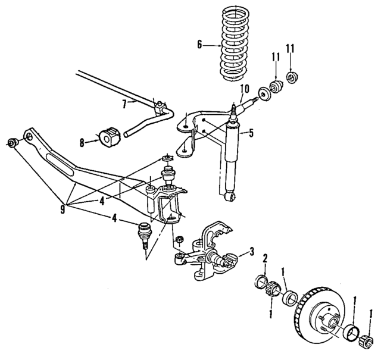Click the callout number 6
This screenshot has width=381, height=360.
200,43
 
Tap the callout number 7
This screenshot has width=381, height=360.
124,103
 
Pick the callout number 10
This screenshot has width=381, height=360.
243,90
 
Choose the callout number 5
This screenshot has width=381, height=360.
251,133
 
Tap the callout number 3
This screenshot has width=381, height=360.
252,252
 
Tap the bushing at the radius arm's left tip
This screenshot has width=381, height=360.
14,143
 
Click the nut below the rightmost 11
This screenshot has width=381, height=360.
292,77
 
